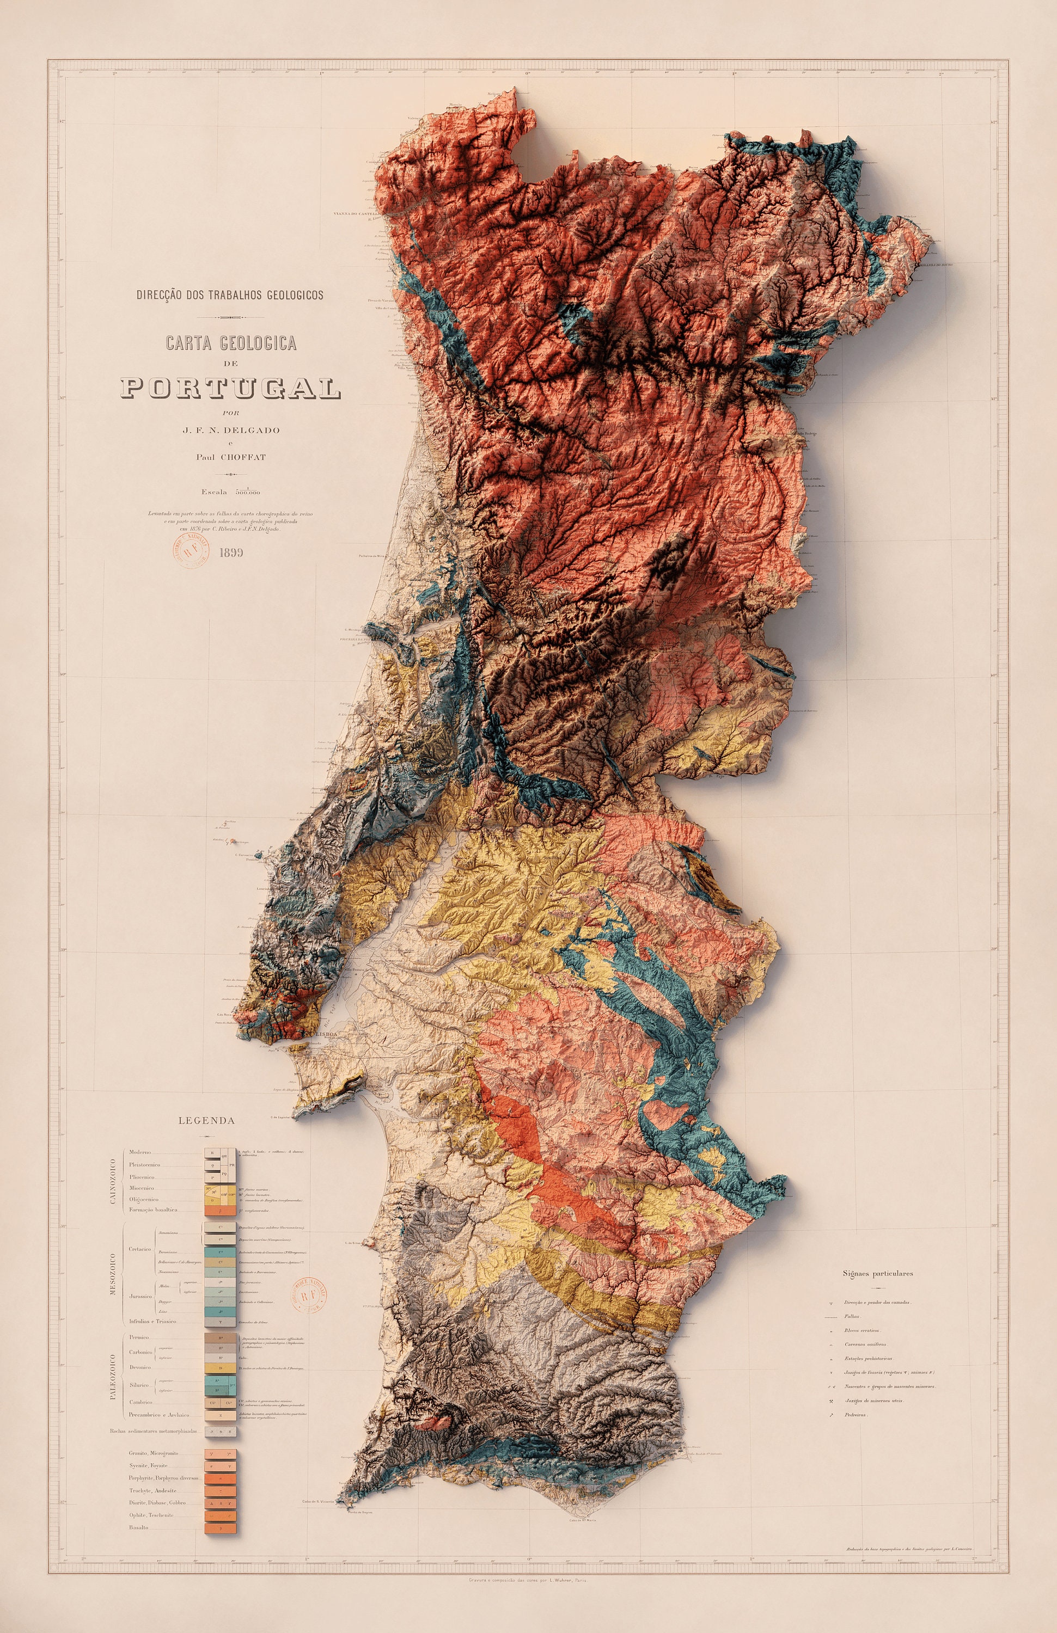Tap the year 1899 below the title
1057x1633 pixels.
tap(231, 552)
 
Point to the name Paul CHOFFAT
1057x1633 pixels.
tap(230, 457)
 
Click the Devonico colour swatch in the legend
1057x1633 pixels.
tap(221, 1367)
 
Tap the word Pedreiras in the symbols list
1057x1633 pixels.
tap(856, 1415)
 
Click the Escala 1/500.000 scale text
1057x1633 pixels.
tap(230, 492)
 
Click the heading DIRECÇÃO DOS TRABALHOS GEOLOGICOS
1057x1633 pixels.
tap(230, 295)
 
